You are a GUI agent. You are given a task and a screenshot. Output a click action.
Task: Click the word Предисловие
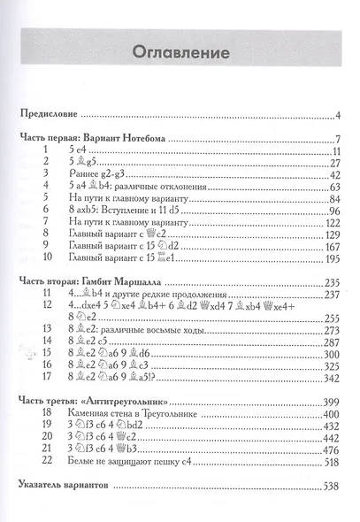[52, 115]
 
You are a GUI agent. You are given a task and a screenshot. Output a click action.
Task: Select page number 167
[332, 248]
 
